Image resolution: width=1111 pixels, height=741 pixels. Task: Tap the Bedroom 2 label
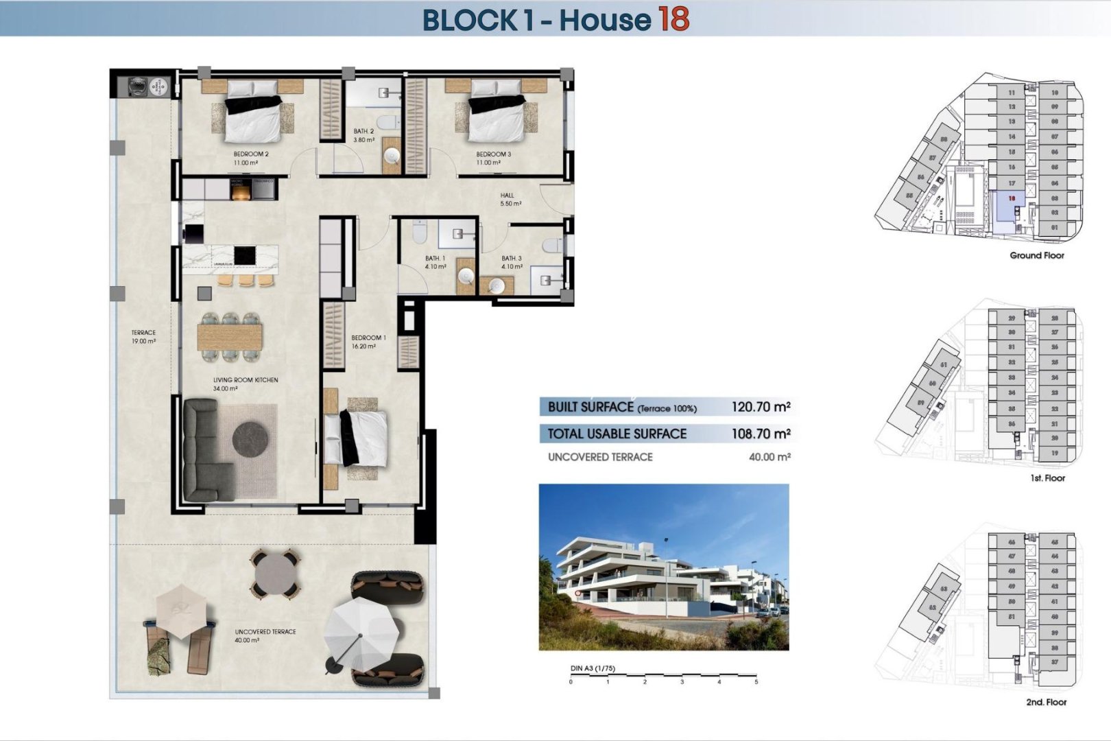(250, 158)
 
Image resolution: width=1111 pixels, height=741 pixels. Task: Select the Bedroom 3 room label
(493, 158)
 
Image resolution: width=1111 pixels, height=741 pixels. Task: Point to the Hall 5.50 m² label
(510, 200)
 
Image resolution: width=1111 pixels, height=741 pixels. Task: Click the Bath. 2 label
(363, 135)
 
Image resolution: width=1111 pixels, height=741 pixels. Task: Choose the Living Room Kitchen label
(245, 384)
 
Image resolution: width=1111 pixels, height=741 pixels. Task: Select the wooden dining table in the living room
(230, 337)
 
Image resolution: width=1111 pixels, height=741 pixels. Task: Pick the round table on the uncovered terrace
(274, 572)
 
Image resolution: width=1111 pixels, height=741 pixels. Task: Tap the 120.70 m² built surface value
(761, 407)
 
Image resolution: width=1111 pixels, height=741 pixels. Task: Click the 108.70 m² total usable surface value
(761, 434)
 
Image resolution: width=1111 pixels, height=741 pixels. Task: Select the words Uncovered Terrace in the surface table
(600, 457)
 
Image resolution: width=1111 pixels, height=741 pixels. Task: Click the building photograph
(663, 567)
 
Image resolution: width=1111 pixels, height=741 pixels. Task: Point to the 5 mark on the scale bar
(756, 682)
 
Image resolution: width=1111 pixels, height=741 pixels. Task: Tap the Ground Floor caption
(1036, 255)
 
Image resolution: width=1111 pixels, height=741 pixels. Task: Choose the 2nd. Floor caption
(1046, 702)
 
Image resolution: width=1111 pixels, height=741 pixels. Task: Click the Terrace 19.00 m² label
(143, 337)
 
